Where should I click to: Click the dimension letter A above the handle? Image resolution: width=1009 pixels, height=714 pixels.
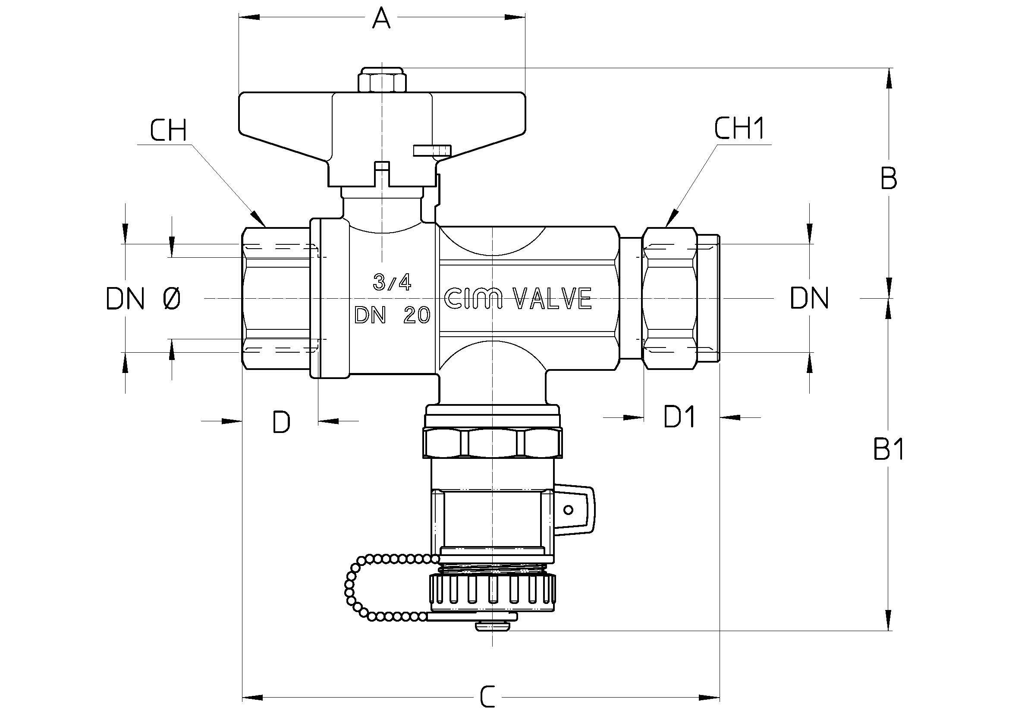(x=381, y=18)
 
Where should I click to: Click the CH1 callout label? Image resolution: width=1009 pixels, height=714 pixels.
(x=739, y=128)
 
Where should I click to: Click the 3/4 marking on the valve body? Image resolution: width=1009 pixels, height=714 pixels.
(x=392, y=282)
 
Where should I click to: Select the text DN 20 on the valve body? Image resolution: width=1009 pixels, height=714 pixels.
(x=393, y=315)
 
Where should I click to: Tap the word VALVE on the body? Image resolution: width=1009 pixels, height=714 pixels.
(x=553, y=299)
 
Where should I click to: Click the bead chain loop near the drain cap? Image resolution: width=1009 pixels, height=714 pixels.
(x=387, y=589)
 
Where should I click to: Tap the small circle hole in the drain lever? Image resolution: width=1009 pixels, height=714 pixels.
(x=568, y=510)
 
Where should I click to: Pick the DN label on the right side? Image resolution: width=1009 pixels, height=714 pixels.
(x=809, y=298)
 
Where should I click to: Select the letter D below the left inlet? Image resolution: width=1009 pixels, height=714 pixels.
(x=281, y=422)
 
